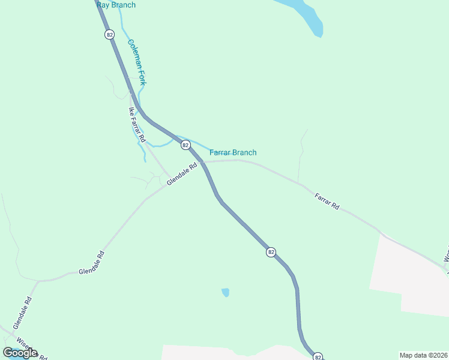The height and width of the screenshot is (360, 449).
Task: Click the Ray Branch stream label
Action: click(116, 5)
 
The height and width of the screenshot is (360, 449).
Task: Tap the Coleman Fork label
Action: click(137, 62)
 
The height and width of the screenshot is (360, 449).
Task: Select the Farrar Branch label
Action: click(233, 152)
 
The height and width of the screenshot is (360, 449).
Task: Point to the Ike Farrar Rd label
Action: click(137, 125)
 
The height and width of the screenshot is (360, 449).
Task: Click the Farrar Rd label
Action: click(327, 201)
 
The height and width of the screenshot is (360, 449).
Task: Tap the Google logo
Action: click(20, 353)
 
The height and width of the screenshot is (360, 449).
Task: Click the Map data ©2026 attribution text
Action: click(423, 355)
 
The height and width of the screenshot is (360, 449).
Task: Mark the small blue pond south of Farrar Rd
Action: click(225, 293)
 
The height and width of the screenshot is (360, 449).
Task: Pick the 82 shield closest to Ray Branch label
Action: click(109, 35)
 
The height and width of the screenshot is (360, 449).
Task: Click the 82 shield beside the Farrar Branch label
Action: click(185, 145)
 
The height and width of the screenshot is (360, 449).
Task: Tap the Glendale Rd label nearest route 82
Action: click(182, 175)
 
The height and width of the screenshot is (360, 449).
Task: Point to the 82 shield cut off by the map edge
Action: click(318, 356)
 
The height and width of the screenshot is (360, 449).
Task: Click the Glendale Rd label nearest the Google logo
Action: click(22, 313)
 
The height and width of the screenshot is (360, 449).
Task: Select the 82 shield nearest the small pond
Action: click(271, 253)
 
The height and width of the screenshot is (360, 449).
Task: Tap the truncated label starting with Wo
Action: click(446, 253)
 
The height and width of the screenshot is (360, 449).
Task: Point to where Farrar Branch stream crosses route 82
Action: click(178, 139)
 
